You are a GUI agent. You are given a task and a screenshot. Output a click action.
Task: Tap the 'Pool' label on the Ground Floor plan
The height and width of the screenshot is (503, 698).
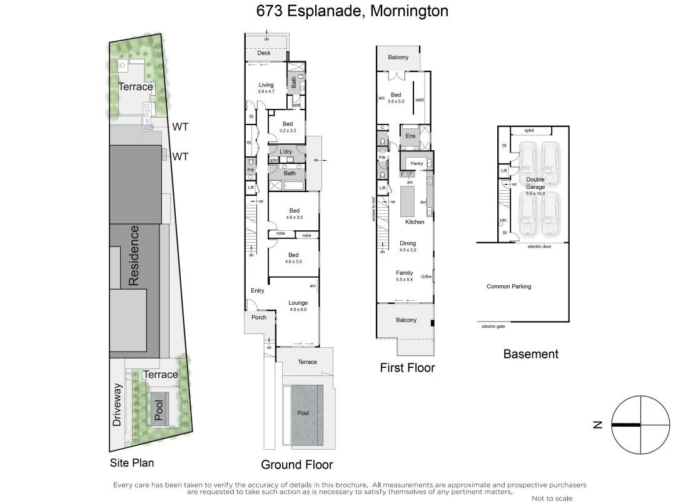coord(303,413)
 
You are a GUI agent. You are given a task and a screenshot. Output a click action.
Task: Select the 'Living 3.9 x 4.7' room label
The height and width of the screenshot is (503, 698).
coord(266,88)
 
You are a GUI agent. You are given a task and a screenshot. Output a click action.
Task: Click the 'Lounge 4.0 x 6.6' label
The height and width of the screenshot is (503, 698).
coord(298,306)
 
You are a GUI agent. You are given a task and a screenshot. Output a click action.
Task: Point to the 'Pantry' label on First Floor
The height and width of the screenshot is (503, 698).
coord(417,163)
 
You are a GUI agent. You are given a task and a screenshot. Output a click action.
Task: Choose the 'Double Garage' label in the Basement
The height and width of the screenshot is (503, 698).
coord(535,183)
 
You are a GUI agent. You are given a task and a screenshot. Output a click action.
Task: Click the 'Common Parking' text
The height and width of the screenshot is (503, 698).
coord(508,287)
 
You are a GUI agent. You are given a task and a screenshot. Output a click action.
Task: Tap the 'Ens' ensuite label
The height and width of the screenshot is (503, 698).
coord(410,136)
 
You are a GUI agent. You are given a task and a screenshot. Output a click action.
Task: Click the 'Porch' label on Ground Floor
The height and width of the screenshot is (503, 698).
coord(258,317)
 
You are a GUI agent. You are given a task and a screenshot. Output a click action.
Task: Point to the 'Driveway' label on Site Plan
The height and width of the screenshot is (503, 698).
coord(117,405)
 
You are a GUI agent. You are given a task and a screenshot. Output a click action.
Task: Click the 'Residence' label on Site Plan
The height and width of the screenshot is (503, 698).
coord(134,255)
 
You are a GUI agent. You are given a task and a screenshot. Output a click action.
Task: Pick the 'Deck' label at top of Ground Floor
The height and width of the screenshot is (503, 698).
coord(264,53)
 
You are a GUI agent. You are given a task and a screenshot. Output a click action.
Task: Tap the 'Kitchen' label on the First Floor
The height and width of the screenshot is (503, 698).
coord(415,222)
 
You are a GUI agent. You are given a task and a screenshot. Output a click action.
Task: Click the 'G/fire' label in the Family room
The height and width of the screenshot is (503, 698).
coord(427,277)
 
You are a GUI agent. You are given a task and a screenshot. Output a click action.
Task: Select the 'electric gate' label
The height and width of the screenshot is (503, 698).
coord(493,326)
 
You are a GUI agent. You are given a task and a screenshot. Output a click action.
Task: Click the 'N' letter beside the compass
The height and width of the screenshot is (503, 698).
coord(598,425)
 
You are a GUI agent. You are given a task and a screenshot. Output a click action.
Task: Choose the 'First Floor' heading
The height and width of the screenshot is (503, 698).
coord(407,368)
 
